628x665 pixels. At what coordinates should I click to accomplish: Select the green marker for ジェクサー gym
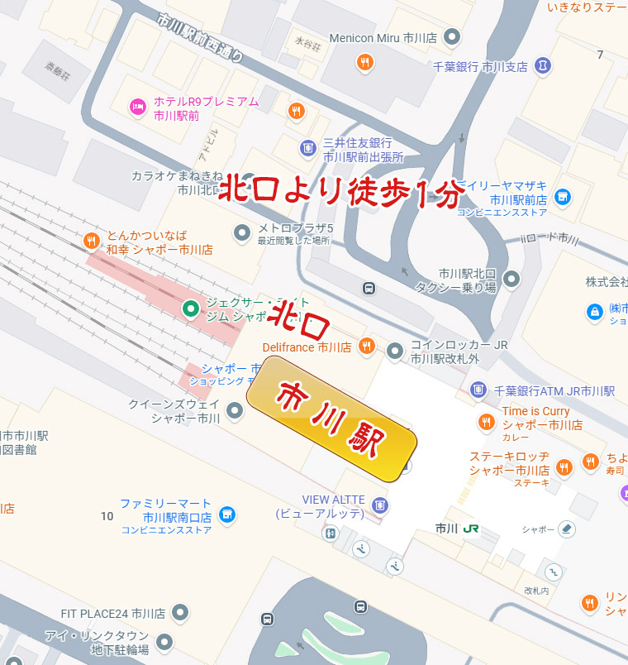pos(191,309)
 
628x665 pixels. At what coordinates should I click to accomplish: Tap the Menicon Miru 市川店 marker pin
pos(452,37)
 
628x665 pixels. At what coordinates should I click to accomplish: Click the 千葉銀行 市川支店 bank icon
pos(543,65)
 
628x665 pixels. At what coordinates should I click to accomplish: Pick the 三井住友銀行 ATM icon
pos(307,148)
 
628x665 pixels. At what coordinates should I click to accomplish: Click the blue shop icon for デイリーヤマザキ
pos(563,196)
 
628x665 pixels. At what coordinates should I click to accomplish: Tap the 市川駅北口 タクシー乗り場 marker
pos(511,279)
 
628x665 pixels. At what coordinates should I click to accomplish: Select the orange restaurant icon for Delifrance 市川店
pos(367,347)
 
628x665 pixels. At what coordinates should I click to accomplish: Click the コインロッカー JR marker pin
pos(395,350)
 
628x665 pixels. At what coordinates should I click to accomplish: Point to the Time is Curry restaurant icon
pos(486,423)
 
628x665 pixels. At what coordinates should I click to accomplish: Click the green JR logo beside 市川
pos(469,528)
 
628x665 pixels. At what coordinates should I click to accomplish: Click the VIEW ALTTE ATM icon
pos(379,505)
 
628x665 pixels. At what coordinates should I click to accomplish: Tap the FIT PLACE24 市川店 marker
pos(179,614)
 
